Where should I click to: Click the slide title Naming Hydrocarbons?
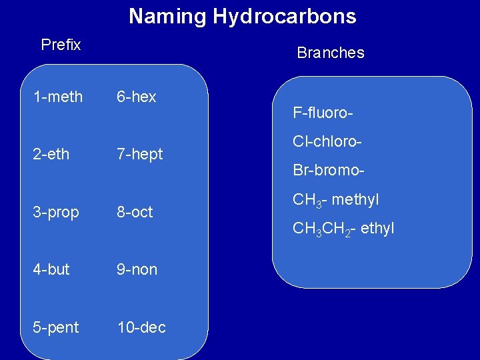[242, 16]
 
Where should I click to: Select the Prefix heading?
[61, 45]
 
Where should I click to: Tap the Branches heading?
[330, 53]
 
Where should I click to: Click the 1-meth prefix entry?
[59, 97]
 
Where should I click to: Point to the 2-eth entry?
[51, 155]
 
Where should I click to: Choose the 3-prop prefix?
[56, 213]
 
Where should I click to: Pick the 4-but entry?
[51, 269]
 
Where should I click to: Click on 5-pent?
[56, 327]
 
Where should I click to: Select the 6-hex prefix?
[136, 97]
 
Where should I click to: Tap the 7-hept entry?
[139, 155]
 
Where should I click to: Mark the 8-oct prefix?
[135, 212]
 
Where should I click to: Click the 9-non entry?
[137, 269]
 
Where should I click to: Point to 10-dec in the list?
[141, 327]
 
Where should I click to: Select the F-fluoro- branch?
[323, 113]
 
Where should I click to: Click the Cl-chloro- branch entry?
[327, 142]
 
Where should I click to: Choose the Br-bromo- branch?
[329, 170]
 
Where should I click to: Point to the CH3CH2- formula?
[323, 229]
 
